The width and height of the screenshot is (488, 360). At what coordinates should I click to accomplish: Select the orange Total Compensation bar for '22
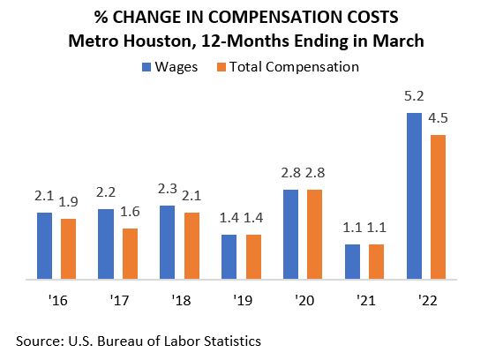pyautogui.click(x=438, y=207)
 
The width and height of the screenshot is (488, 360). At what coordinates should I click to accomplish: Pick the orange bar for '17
pyautogui.click(x=131, y=254)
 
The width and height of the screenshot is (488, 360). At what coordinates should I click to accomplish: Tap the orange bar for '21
pyautogui.click(x=377, y=262)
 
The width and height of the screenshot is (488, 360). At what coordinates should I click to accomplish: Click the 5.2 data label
pyautogui.click(x=413, y=100)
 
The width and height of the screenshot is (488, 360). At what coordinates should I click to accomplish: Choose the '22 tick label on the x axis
pyautogui.click(x=425, y=300)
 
